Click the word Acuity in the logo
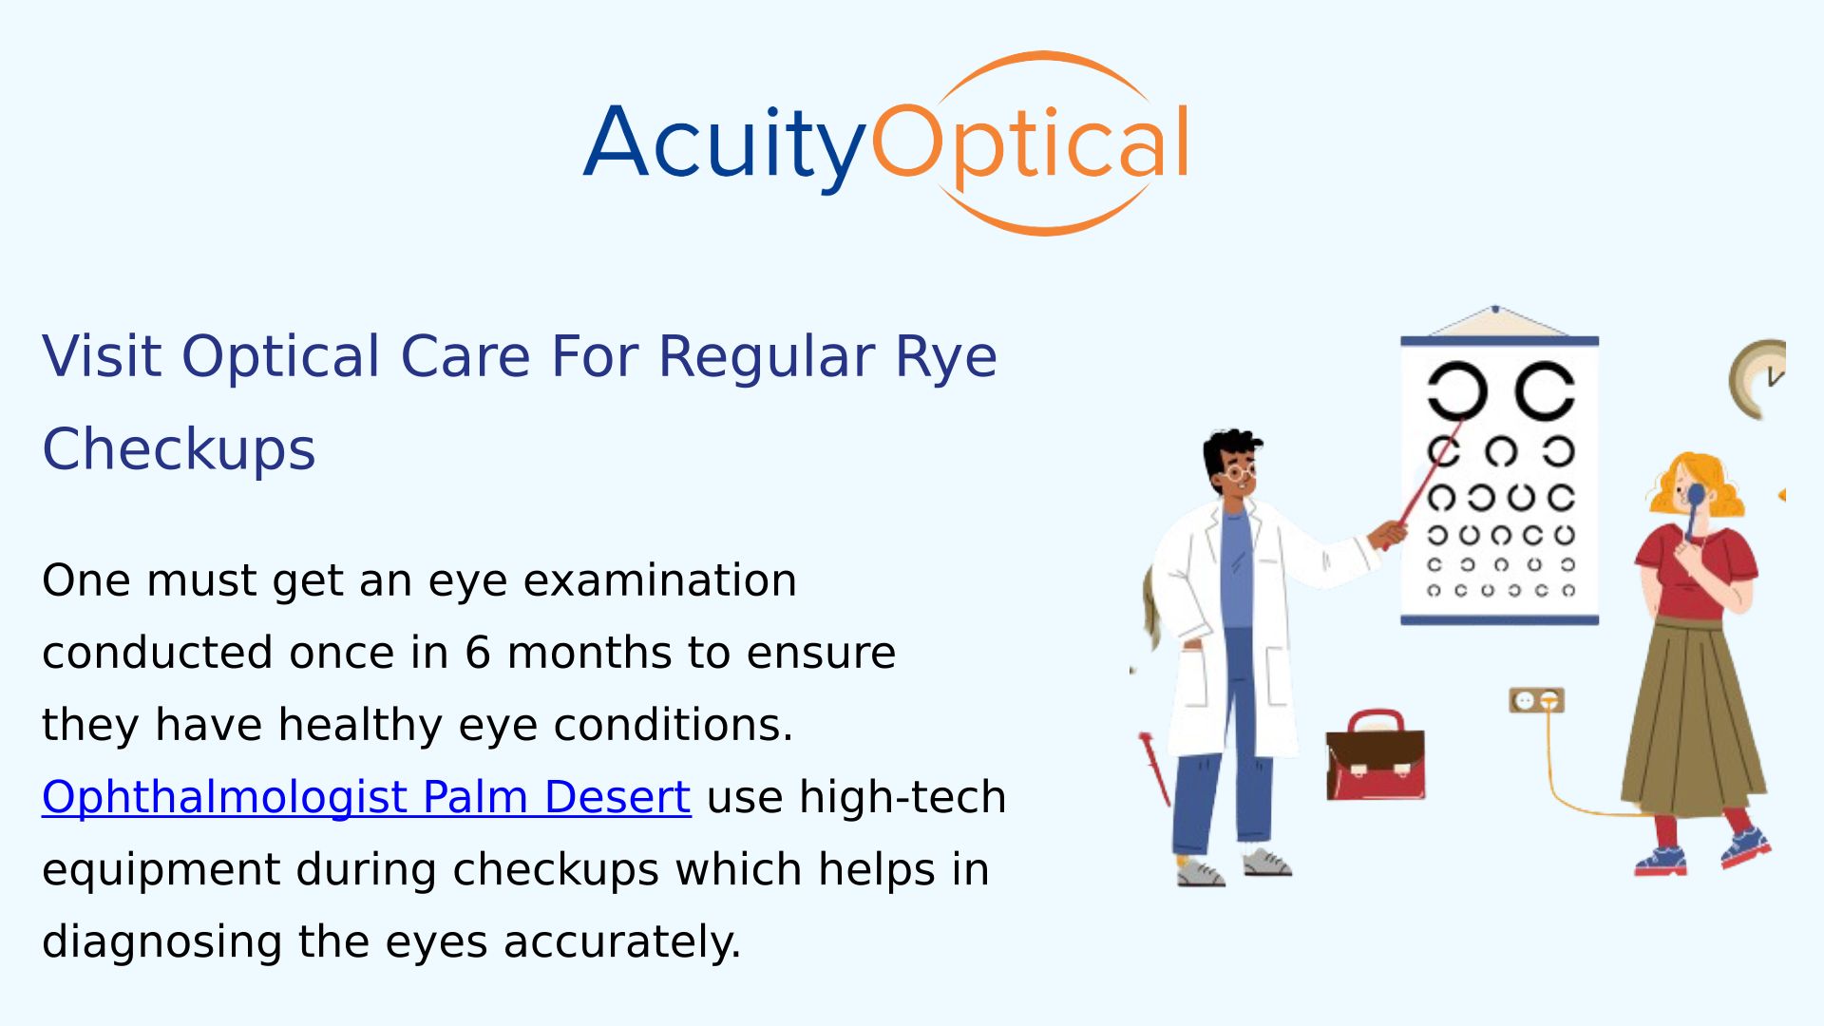[x=724, y=144]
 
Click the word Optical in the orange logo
[x=1030, y=142]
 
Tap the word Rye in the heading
[x=946, y=357]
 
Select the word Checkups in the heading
[x=179, y=448]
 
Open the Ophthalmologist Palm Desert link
[x=366, y=796]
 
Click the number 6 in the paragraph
[x=478, y=653]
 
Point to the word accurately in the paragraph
[x=622, y=941]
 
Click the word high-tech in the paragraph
[x=902, y=796]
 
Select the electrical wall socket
[x=1536, y=700]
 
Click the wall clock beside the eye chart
[x=1758, y=379]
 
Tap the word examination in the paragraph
[x=659, y=580]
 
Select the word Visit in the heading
[x=102, y=357]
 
